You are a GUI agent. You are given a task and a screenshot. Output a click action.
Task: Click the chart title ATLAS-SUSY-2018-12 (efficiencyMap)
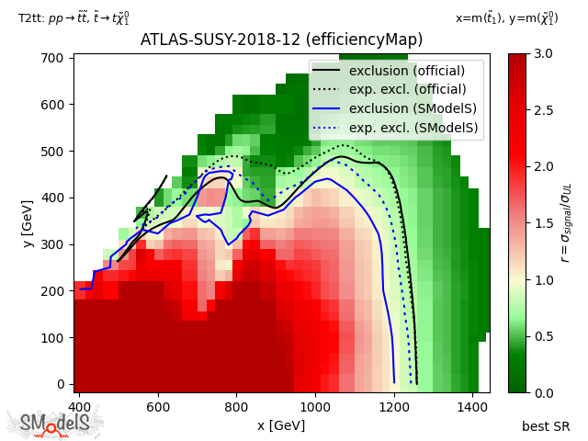click(x=281, y=40)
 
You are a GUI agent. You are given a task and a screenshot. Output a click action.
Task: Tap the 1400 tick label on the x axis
click(x=473, y=405)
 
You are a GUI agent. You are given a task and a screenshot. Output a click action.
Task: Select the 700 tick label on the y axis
click(x=54, y=57)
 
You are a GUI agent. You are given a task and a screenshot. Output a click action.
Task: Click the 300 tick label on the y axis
click(x=54, y=243)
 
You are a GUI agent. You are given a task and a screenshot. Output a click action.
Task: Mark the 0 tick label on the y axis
click(x=61, y=384)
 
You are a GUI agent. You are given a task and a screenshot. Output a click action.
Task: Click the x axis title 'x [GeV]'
click(x=281, y=425)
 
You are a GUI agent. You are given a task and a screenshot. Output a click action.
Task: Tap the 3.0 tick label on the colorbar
click(x=542, y=53)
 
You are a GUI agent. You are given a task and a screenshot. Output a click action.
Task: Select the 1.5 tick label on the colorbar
click(x=542, y=223)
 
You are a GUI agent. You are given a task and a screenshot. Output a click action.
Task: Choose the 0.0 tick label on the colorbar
click(x=542, y=392)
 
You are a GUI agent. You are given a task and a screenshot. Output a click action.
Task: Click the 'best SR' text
click(x=546, y=425)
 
